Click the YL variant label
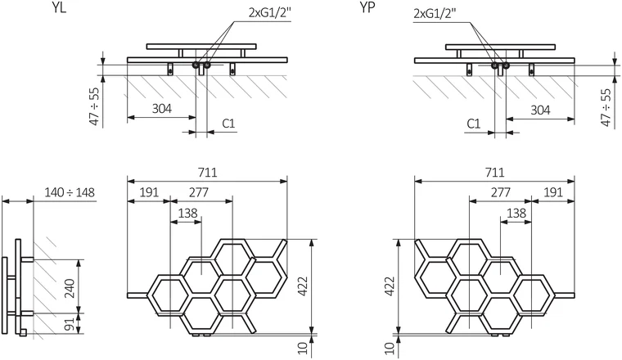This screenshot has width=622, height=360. coord(59,7)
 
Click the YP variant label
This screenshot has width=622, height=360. coord(367,7)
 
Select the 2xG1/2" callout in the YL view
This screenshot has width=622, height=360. coord(270,13)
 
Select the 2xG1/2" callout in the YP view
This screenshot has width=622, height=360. coord(435,13)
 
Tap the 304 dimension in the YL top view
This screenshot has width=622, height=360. coord(162,108)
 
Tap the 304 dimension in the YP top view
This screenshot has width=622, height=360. coord(540,110)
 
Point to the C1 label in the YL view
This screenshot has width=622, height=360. coord(228,124)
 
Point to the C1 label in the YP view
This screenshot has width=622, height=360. coord(473,124)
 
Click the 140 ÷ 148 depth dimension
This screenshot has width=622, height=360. coord(70,193)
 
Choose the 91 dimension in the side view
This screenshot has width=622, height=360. coord(70,324)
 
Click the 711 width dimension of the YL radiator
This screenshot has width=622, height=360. coord(207,173)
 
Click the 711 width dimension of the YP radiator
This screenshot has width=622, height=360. coord(494,173)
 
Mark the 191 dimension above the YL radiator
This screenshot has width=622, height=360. coord(149,193)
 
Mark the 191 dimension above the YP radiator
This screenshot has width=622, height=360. coord(553,193)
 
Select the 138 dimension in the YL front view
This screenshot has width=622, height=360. coord(187,214)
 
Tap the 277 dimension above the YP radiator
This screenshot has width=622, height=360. coord(501,193)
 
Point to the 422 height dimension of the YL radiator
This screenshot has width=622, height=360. coord(303,286)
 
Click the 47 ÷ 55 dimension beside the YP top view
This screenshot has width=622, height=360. coord(606,107)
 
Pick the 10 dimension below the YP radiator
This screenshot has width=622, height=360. coord(390,348)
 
